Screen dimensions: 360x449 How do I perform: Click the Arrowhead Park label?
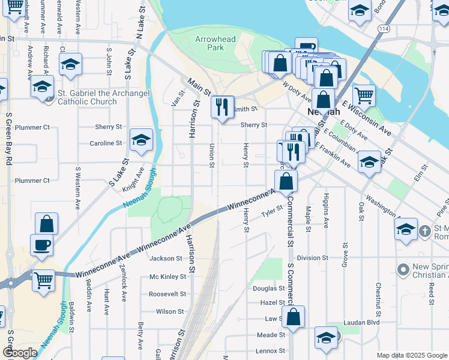215,43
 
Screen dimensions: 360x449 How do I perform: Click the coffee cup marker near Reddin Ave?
41,245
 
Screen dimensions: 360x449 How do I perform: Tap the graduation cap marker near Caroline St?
141,141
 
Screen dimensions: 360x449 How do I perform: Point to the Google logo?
20,353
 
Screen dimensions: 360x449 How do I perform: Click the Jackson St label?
166,259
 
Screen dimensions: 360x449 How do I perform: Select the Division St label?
313,258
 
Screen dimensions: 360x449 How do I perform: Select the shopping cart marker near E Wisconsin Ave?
364,95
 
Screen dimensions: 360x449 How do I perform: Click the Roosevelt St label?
167,294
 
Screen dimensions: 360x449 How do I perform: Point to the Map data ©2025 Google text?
412,355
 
